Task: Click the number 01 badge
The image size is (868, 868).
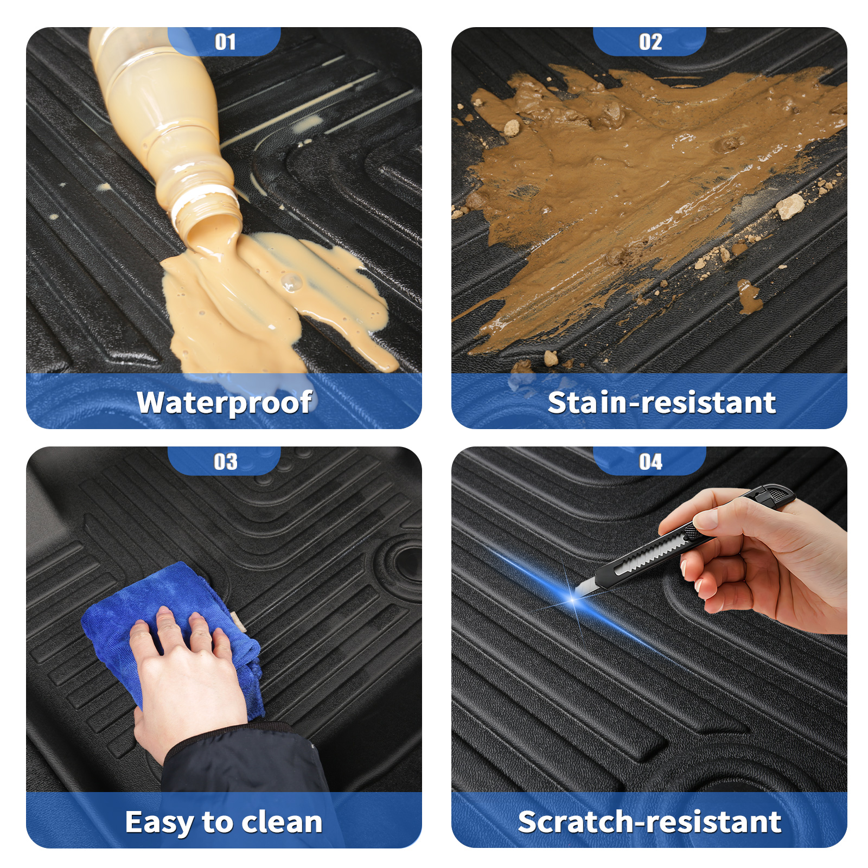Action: coord(224,41)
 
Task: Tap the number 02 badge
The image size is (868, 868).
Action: coord(649,41)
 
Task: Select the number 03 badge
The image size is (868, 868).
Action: coord(224,461)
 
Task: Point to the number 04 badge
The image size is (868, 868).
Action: coord(649,461)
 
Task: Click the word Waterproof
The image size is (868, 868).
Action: coord(224,403)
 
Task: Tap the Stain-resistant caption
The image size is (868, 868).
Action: coord(662,403)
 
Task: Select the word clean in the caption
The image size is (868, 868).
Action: coord(282,822)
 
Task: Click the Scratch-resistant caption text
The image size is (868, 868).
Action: coord(649,822)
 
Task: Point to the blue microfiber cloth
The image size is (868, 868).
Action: coord(174,635)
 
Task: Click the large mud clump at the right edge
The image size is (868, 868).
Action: coord(790,207)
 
